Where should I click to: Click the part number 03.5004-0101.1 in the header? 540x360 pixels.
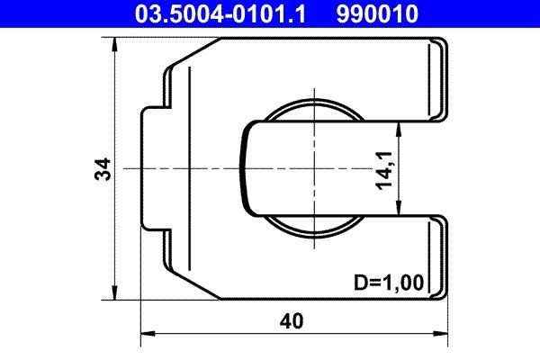click(222, 13)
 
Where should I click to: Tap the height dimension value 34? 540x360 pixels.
click(103, 168)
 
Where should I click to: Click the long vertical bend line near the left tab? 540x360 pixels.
click(190, 168)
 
